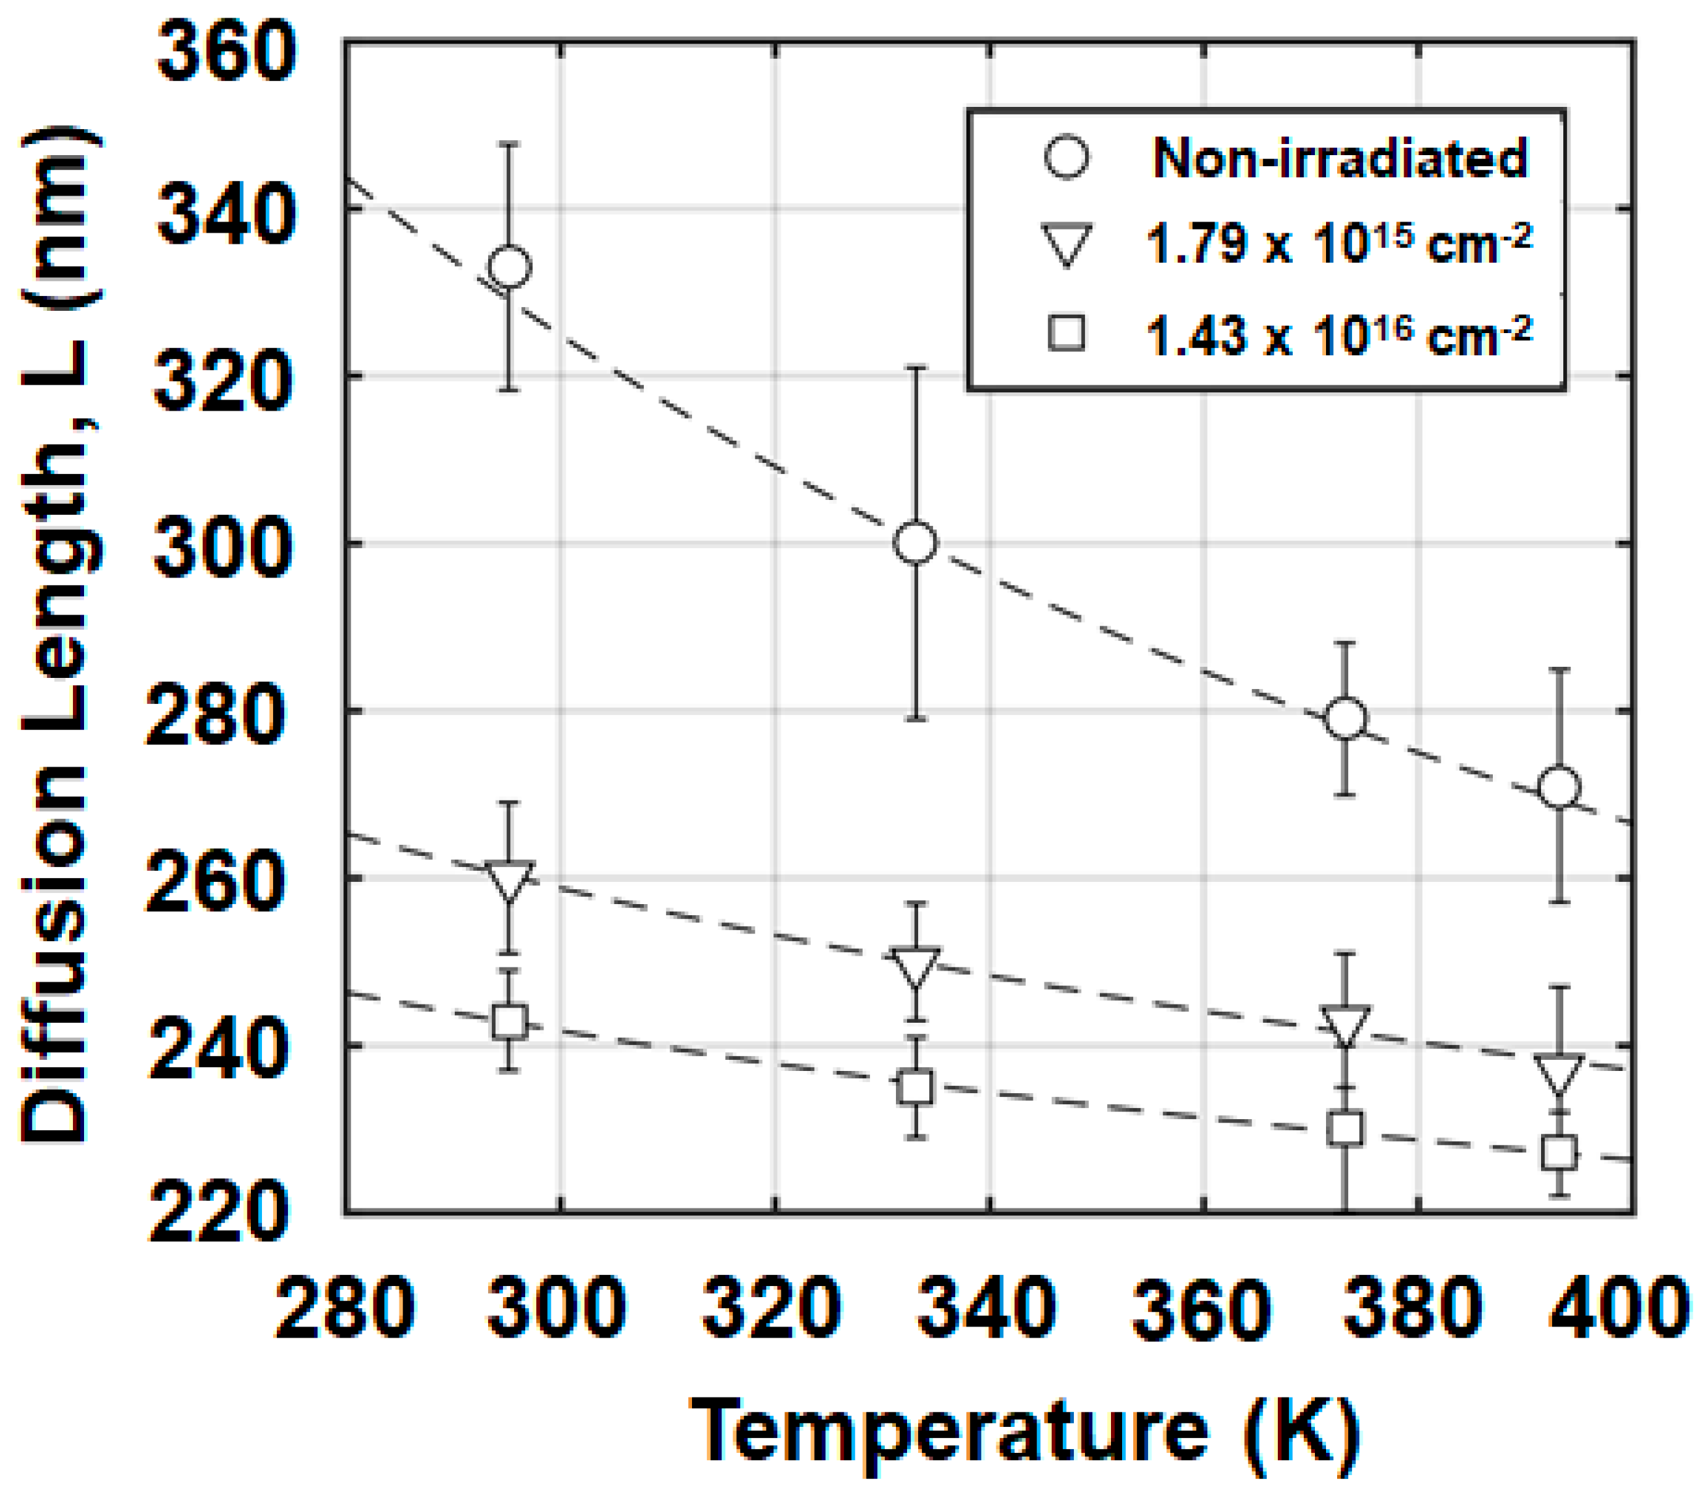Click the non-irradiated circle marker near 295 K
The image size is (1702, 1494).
pos(510,267)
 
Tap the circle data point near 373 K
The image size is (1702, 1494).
pos(1346,718)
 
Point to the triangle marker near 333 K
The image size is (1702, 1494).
pos(916,966)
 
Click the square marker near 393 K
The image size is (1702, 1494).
pos(1559,1153)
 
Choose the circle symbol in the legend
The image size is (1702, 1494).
pos(1067,157)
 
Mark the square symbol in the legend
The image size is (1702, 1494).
pos(1067,333)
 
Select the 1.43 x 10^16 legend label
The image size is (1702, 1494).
pos(1338,335)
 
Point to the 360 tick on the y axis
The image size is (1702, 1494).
pos(227,51)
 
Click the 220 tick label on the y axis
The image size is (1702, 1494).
pos(218,1212)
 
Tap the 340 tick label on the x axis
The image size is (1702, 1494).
pos(987,1308)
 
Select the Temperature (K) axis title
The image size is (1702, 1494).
pos(1024,1431)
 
